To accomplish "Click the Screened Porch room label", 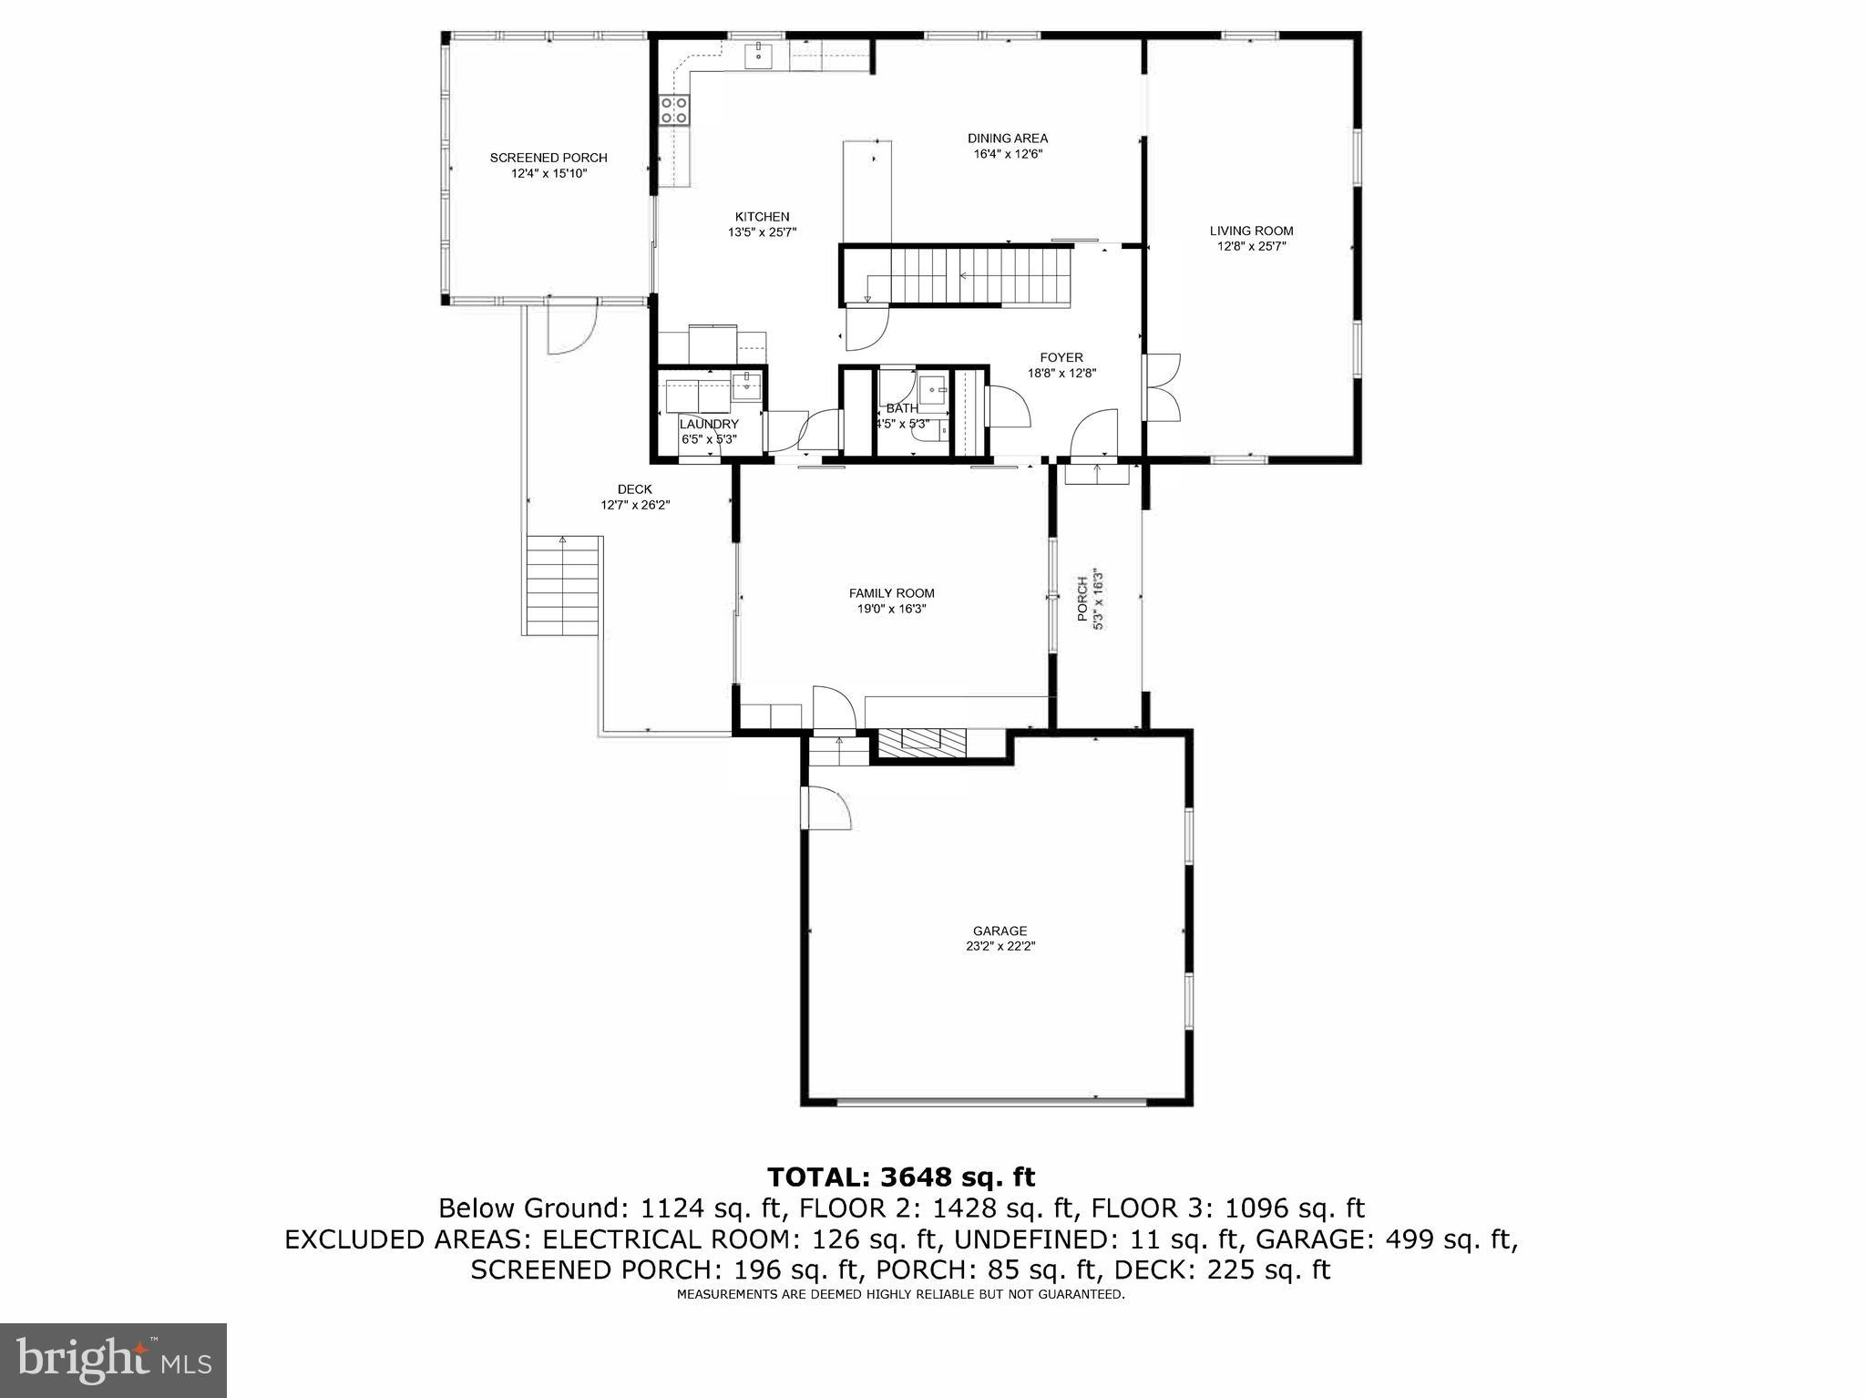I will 548,158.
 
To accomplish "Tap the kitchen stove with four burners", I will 674,110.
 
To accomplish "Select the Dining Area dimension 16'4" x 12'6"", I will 1008,154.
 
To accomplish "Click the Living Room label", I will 1251,231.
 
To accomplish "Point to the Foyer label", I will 1061,357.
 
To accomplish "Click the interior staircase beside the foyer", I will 966,277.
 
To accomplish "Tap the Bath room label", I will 902,408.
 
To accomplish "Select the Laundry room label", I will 708,424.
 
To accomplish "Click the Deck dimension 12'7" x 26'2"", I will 635,505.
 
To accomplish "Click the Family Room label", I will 891,593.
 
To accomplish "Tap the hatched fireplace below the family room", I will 932,739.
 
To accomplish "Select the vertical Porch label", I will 1082,599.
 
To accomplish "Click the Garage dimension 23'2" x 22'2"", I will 1000,946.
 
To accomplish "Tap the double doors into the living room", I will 1163,387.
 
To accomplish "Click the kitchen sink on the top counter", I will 758,56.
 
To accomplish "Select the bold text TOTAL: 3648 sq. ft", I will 900,1177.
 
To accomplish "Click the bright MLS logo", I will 113,1361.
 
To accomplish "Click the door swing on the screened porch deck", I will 569,329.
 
